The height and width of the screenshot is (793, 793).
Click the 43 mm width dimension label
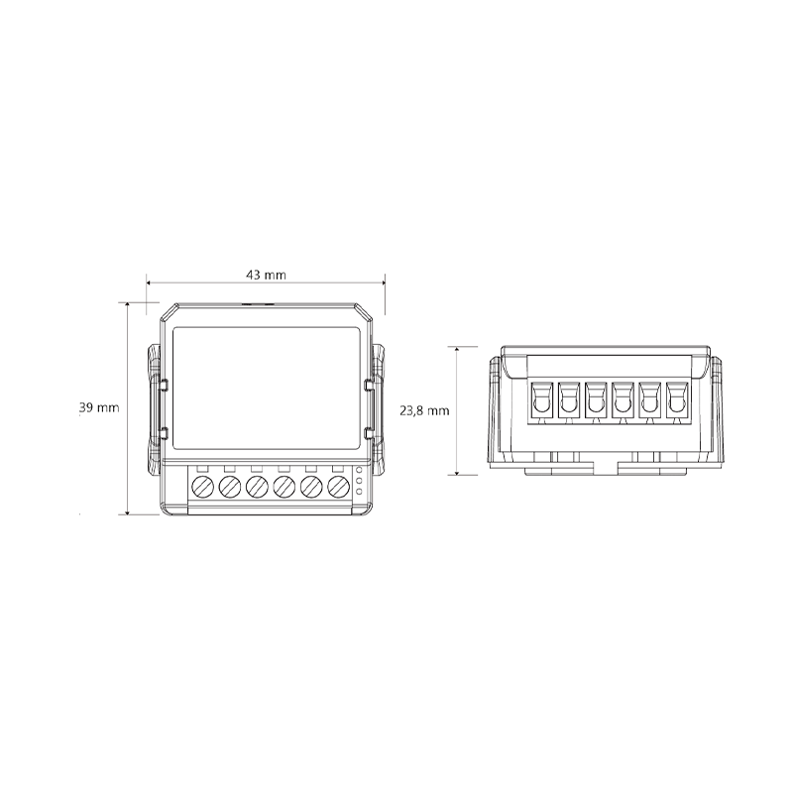click(x=266, y=275)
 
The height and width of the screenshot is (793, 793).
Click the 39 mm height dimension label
click(x=100, y=407)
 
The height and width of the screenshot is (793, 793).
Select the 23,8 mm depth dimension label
click(x=424, y=410)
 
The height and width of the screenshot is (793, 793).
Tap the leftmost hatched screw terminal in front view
click(x=203, y=487)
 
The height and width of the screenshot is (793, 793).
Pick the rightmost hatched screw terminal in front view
click(x=339, y=487)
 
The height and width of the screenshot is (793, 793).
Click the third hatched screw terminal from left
click(x=257, y=487)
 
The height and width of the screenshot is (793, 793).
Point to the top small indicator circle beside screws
click(x=359, y=469)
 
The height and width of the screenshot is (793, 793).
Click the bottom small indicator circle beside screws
click(x=359, y=491)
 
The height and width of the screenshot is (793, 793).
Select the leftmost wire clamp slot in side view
click(x=541, y=399)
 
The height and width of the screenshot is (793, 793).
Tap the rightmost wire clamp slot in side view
click(x=678, y=399)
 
